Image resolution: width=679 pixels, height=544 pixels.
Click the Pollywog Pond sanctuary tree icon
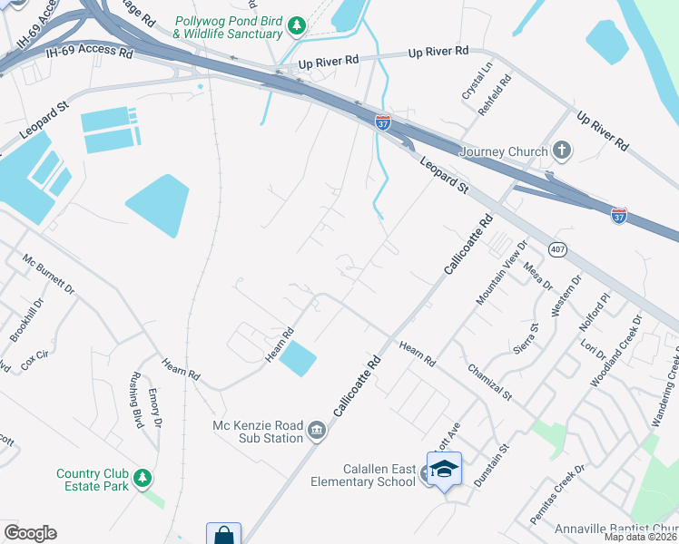pos(295,27)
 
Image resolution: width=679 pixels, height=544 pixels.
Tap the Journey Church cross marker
pos(562,151)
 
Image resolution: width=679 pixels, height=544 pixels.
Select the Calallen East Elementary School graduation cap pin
pos(444,470)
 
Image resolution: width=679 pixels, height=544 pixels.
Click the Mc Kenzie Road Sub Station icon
pos(317,429)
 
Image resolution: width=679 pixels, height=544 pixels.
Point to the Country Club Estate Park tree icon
pos(142,477)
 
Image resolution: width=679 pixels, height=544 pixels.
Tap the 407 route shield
pos(557,248)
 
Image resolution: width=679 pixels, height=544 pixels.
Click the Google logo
pos(30,533)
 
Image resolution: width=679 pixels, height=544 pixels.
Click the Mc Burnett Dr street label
pos(48,274)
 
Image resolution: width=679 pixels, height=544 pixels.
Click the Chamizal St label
pos(490,381)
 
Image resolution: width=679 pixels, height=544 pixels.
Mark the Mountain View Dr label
pos(502,272)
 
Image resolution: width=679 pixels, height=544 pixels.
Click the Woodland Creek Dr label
pos(616,351)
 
